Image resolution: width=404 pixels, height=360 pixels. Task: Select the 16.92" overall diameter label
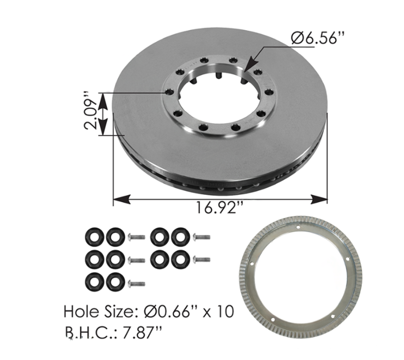[x=220, y=207]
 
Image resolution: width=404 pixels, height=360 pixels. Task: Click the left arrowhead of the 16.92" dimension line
[x=122, y=199]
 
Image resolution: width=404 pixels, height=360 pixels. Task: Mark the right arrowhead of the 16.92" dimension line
[x=319, y=199]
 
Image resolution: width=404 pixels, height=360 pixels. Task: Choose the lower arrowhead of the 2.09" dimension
[x=103, y=127]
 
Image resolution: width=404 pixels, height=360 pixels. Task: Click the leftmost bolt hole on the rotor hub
[x=169, y=92]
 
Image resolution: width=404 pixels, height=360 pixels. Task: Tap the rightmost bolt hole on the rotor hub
[x=269, y=92]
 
